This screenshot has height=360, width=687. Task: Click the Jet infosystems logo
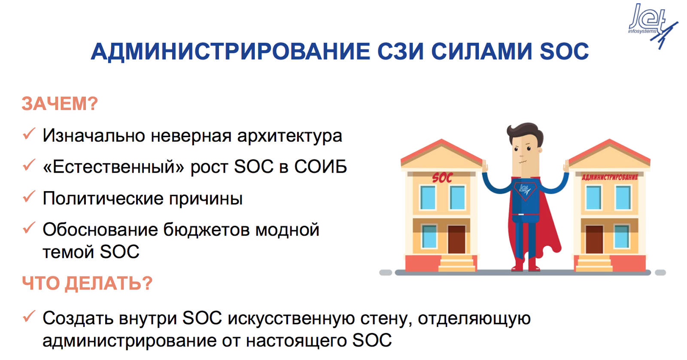(x=652, y=24)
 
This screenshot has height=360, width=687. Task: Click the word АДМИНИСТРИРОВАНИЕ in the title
(x=230, y=51)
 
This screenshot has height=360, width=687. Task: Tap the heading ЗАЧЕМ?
(x=60, y=104)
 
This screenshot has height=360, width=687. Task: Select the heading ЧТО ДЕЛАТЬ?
(x=87, y=283)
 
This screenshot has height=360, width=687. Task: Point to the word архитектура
(x=289, y=136)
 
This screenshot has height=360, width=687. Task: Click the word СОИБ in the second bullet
(x=320, y=167)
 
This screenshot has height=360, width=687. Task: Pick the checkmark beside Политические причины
(x=29, y=196)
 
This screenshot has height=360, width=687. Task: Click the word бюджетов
(x=206, y=230)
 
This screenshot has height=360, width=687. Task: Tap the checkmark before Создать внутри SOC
(x=29, y=316)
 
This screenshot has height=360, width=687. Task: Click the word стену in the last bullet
(x=386, y=319)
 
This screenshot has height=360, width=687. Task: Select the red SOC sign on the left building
(x=442, y=178)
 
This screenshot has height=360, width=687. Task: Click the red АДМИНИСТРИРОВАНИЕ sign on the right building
(x=610, y=177)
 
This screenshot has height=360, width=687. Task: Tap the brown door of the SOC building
(x=457, y=239)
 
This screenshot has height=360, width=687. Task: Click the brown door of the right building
(x=594, y=239)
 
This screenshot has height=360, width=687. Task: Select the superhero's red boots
(x=526, y=265)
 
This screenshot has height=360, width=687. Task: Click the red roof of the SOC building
(x=442, y=150)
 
